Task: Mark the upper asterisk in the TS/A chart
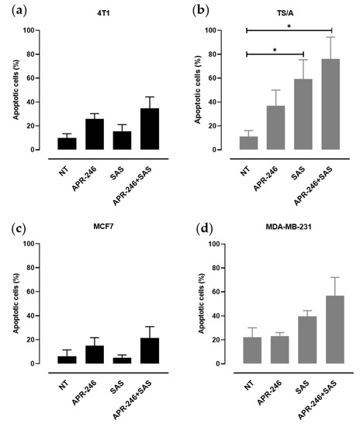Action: click(x=289, y=26)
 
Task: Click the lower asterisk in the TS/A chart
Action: click(x=275, y=49)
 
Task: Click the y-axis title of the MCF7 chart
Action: click(x=16, y=304)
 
